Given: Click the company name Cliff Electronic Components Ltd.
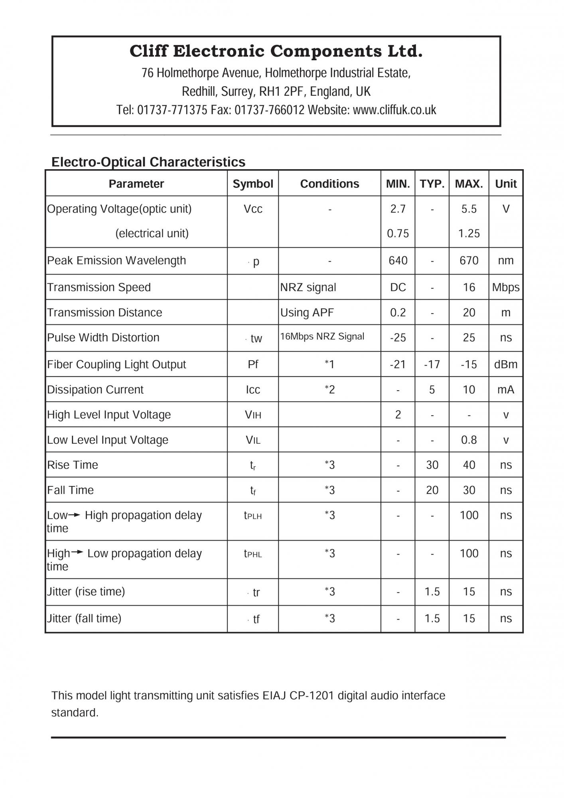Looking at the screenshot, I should (x=276, y=51).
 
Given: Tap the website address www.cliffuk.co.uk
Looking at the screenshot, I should (x=394, y=110).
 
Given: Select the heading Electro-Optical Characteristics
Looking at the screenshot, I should (x=148, y=162).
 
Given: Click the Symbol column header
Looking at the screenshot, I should (x=253, y=184).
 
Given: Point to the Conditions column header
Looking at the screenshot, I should (x=329, y=184).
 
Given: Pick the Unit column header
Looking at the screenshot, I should (x=506, y=184).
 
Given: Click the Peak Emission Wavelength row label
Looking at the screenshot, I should (x=116, y=261).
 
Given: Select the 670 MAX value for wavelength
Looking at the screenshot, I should (x=469, y=261).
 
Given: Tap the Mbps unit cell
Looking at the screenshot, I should (x=506, y=287).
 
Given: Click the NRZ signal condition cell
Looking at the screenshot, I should (x=308, y=287).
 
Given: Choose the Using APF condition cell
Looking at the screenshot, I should (x=307, y=312).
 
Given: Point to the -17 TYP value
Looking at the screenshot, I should (x=432, y=364).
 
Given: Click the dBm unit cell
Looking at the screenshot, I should (x=506, y=364).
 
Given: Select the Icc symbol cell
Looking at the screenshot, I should (x=253, y=389).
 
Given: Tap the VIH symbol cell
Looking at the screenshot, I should (x=253, y=415).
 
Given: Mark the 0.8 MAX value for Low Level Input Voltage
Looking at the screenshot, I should (x=469, y=440).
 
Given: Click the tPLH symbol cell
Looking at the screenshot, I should (x=253, y=516).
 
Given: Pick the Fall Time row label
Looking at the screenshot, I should (x=71, y=490).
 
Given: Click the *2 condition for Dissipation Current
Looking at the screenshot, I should (x=329, y=389).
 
